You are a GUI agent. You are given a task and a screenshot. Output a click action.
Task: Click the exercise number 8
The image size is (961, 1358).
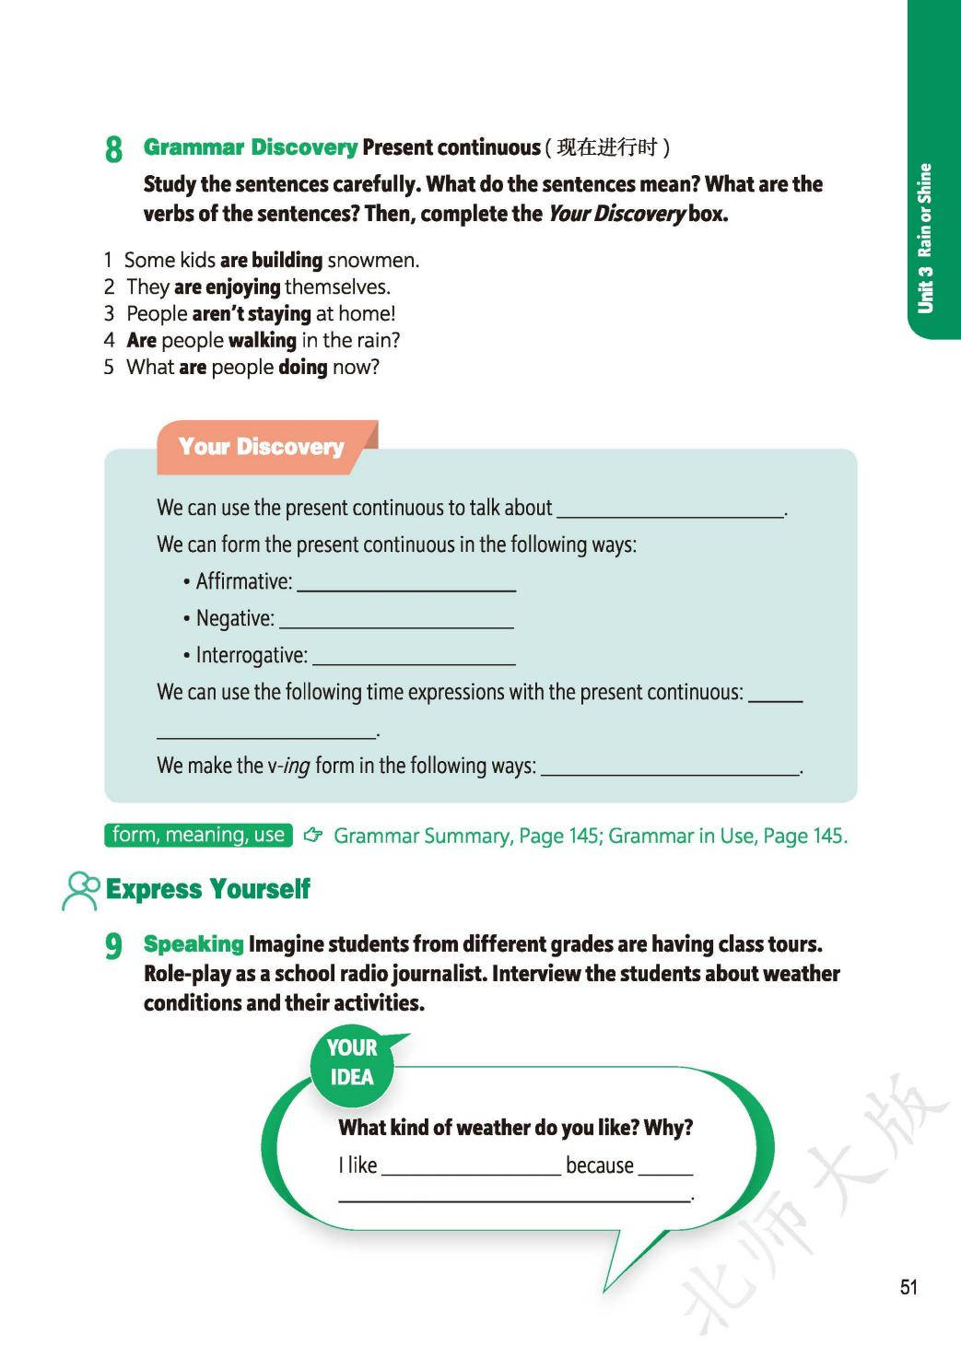tap(113, 149)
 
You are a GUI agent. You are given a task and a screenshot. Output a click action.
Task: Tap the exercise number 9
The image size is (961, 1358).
tap(113, 946)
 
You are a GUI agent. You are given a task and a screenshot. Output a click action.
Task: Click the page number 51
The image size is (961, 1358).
tap(908, 1287)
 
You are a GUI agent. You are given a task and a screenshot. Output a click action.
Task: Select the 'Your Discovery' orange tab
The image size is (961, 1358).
tap(262, 447)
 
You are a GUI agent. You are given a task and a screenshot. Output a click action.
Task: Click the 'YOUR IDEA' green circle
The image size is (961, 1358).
tap(352, 1063)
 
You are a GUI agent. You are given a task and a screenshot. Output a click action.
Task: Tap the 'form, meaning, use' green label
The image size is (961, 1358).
tap(198, 835)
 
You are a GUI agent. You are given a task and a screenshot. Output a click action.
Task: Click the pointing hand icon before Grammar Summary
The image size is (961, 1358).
tap(313, 836)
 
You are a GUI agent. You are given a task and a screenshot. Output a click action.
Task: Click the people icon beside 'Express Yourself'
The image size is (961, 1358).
tap(81, 890)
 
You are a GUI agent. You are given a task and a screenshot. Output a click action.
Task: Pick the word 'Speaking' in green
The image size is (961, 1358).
tap(193, 944)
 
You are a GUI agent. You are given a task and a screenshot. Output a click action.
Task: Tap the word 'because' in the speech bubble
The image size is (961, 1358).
tap(599, 1166)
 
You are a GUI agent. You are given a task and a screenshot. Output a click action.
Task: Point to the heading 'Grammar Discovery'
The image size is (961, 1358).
tap(250, 147)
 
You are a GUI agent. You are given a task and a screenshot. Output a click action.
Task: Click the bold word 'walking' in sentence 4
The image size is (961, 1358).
tap(263, 341)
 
